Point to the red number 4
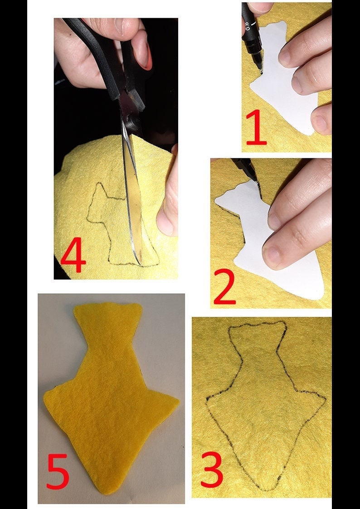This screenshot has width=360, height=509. (73, 257)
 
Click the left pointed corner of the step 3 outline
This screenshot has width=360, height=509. (208, 398)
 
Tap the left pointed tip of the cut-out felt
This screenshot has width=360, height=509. (45, 395)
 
